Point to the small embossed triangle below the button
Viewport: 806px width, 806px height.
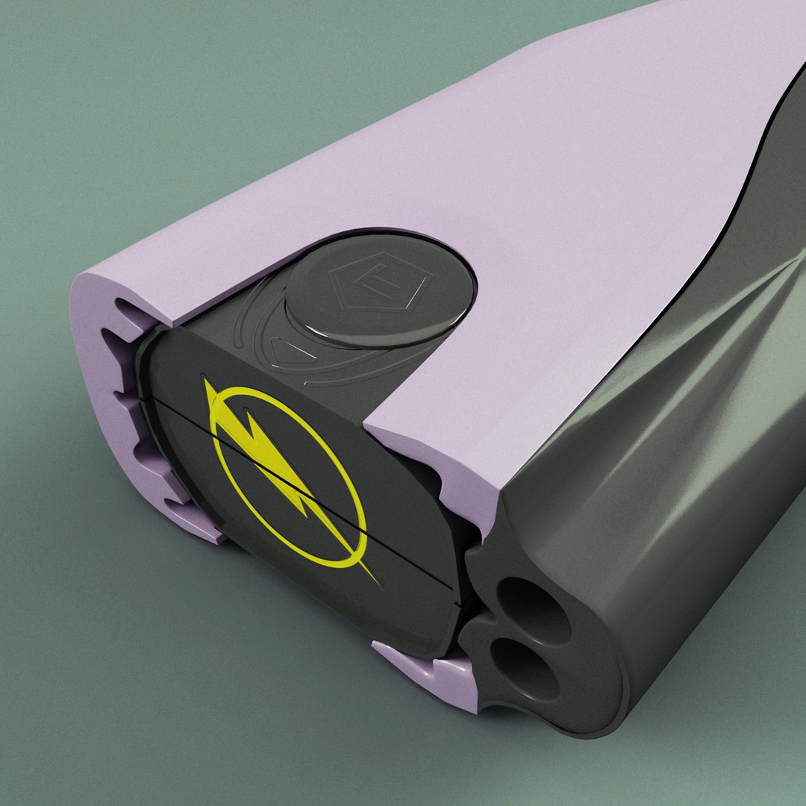tap(287, 351)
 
